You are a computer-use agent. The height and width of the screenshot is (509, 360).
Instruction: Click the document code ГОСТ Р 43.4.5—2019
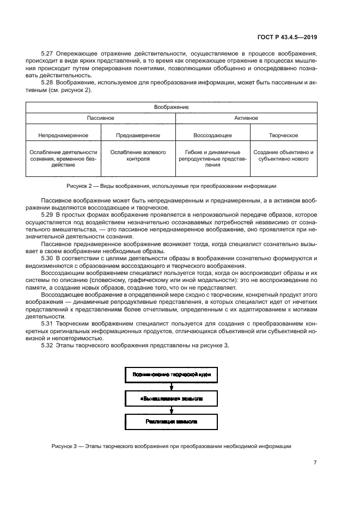click(287, 38)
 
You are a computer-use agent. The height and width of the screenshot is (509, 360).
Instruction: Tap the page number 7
click(315, 462)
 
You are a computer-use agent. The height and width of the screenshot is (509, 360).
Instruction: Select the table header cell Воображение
click(172, 107)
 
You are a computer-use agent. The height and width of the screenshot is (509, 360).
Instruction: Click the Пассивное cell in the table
click(100, 118)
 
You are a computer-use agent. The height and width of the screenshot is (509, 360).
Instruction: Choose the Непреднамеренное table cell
click(63, 135)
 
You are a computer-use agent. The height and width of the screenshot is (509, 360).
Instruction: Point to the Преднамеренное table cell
click(138, 135)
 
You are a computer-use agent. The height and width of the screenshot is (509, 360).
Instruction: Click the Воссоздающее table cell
click(212, 135)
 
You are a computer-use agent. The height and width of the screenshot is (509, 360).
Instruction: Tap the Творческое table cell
click(283, 135)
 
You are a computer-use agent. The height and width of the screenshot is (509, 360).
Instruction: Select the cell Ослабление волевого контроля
click(138, 156)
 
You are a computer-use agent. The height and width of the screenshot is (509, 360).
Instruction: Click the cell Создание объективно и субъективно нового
click(283, 156)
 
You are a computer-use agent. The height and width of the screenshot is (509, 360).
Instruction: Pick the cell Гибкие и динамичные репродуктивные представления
click(212, 158)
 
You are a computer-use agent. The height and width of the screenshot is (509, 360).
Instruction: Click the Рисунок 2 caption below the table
click(172, 186)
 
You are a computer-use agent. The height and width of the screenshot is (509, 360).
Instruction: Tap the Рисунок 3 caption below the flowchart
click(172, 446)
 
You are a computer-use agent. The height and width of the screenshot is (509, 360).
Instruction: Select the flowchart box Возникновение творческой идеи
click(172, 375)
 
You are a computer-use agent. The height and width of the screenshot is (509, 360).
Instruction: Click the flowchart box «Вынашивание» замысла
click(172, 398)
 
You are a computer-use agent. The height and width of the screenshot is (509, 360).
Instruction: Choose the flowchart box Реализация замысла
click(172, 422)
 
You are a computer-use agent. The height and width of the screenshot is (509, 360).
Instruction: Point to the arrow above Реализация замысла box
click(172, 410)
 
